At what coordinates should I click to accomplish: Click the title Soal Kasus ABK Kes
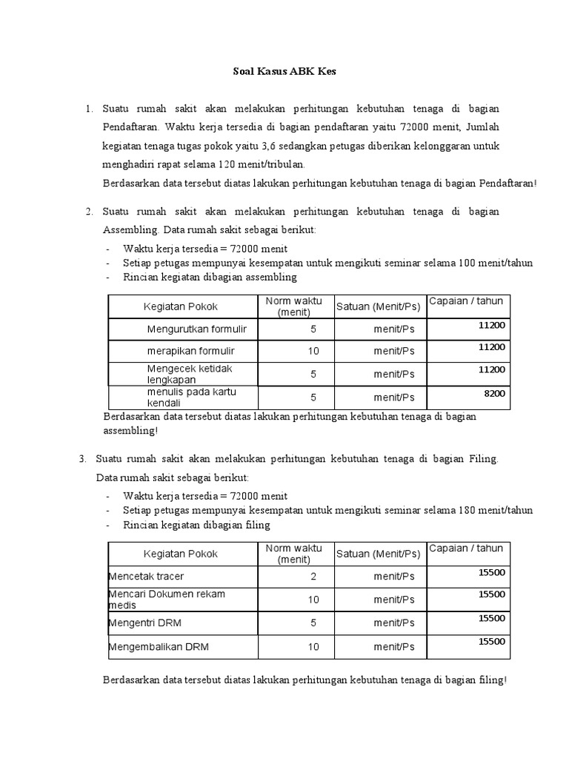[x=285, y=72]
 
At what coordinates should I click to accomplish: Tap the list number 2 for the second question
[x=88, y=212]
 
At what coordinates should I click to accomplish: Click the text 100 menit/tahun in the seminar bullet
[x=496, y=263]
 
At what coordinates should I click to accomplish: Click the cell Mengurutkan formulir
[x=196, y=329]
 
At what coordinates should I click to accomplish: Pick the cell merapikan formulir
[x=190, y=351]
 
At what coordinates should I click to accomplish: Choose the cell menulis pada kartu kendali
[x=191, y=397]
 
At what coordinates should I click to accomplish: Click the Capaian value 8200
[x=494, y=394]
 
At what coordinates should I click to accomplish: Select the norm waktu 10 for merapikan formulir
[x=313, y=351]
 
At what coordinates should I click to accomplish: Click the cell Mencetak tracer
[x=147, y=576]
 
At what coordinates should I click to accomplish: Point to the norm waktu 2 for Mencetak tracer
[x=313, y=576]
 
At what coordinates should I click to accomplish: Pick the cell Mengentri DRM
[x=145, y=623]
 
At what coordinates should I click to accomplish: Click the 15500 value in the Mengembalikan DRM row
[x=492, y=642]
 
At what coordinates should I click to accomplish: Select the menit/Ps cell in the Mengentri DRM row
[x=394, y=623]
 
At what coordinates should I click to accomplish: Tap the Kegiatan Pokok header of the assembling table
[x=181, y=306]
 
